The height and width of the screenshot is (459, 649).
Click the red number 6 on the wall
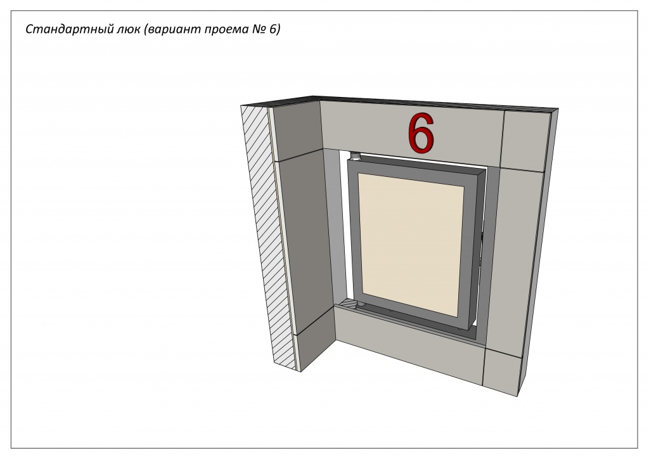click(x=421, y=133)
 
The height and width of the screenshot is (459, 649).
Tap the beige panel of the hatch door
click(x=411, y=244)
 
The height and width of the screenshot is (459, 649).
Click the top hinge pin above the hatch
click(x=355, y=157)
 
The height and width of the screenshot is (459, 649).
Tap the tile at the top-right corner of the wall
click(x=526, y=141)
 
